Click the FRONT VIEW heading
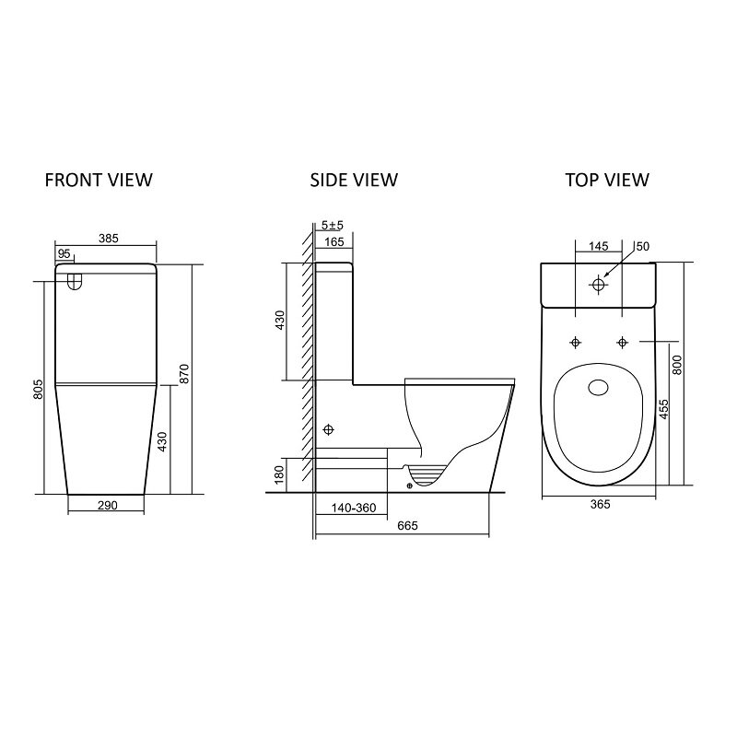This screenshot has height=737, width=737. click(x=99, y=180)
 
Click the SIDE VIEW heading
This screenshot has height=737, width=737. click(x=354, y=180)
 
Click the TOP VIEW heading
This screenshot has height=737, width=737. click(x=607, y=180)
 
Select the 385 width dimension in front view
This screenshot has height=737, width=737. click(x=109, y=239)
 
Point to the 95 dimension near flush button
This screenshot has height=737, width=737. click(x=64, y=254)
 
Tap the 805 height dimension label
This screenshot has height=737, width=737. click(x=39, y=389)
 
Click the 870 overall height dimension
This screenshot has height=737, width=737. click(x=183, y=374)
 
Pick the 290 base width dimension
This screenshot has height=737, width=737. click(x=107, y=506)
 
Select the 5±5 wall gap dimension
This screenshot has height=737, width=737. click(x=333, y=226)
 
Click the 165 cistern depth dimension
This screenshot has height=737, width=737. click(x=334, y=242)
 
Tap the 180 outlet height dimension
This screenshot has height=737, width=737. click(x=279, y=474)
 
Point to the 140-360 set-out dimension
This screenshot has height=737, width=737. click(x=354, y=509)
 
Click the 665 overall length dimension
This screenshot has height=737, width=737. click(x=407, y=526)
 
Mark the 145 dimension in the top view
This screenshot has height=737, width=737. click(x=598, y=246)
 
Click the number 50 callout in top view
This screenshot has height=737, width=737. click(x=642, y=246)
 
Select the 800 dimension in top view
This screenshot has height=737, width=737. click(x=677, y=365)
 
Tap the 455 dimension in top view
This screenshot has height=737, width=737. click(x=663, y=410)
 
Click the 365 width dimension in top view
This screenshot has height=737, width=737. click(x=601, y=504)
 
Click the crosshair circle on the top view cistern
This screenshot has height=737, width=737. click(x=598, y=285)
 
